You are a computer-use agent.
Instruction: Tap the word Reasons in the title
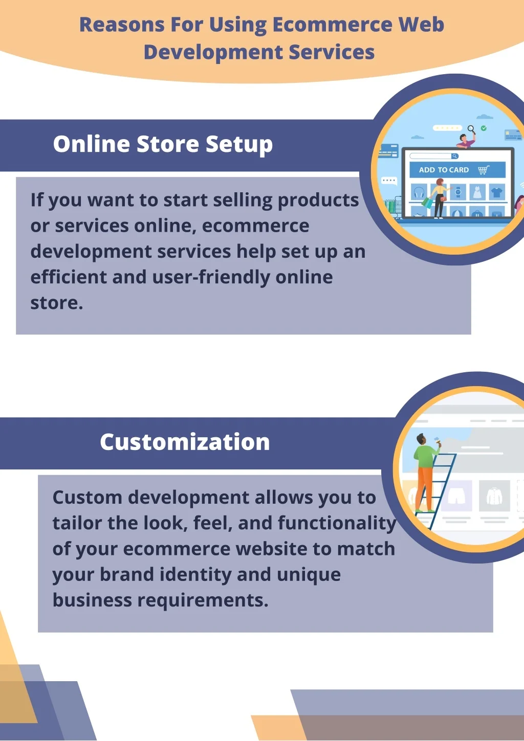pos(122,25)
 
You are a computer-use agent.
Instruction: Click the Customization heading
pos(185,442)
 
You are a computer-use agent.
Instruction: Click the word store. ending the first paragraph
pos(57,303)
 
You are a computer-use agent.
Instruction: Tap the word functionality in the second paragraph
pos(337,523)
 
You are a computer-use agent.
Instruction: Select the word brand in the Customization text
pos(127,574)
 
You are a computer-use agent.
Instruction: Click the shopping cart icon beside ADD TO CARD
pos(484,170)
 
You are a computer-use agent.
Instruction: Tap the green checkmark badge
pos(484,128)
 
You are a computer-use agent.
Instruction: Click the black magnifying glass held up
pos(472,129)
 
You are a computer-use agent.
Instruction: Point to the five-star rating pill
pos(447,128)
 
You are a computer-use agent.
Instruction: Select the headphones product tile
pos(419,192)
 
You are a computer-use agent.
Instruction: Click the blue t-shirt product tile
pos(496,192)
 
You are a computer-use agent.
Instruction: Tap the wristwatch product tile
pos(458,192)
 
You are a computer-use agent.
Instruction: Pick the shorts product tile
pos(456,496)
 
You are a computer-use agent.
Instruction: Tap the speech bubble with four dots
pos(389,181)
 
